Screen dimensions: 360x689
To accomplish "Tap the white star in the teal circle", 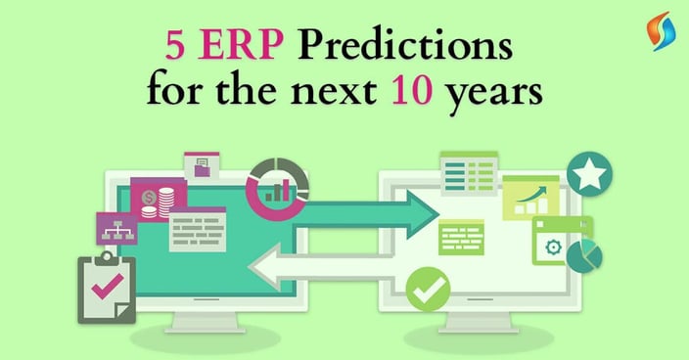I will point(588,176).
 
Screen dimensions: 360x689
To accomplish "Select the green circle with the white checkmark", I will point(428,289).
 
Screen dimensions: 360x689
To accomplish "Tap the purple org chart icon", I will point(116,227).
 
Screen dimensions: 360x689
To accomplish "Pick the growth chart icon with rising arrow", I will point(529,199).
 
